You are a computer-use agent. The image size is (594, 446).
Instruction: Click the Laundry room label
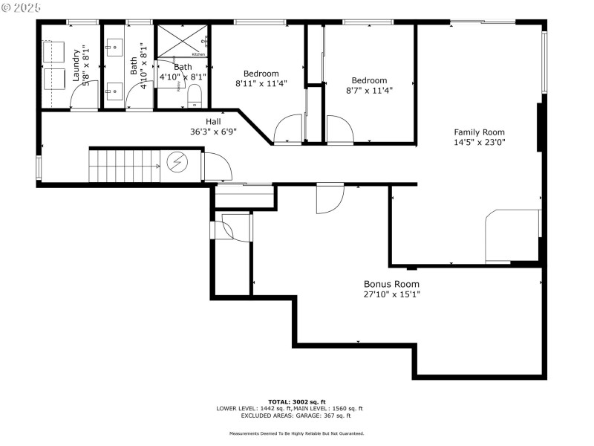click(76, 65)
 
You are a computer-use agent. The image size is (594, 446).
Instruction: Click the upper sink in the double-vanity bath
click(114, 46)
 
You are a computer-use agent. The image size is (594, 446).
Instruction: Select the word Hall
click(213, 121)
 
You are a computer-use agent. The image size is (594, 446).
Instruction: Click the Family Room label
click(479, 132)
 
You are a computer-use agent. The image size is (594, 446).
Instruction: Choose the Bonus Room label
click(391, 284)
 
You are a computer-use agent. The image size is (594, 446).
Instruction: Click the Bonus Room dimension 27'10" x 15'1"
click(391, 294)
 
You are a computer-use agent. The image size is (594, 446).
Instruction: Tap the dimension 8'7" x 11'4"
click(369, 90)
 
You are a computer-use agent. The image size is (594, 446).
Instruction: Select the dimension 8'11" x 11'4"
click(261, 83)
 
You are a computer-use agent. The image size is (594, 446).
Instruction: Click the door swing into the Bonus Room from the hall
click(330, 199)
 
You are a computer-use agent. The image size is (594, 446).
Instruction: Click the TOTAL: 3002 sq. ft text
click(296, 401)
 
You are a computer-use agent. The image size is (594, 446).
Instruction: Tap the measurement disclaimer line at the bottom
click(296, 433)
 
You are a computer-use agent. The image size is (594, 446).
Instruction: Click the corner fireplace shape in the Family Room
click(512, 234)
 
